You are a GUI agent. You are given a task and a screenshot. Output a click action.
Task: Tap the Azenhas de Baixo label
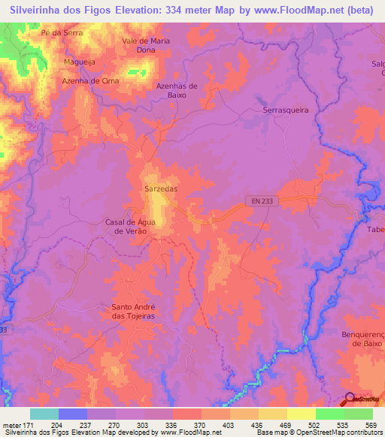click(x=176, y=91)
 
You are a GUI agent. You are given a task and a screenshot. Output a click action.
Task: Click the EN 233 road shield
click(x=258, y=200)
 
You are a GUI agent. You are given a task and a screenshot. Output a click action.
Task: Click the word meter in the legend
click(x=11, y=425)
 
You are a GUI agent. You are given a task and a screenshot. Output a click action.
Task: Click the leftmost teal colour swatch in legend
click(x=44, y=414)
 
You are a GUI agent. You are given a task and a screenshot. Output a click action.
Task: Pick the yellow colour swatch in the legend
click(x=301, y=414)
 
